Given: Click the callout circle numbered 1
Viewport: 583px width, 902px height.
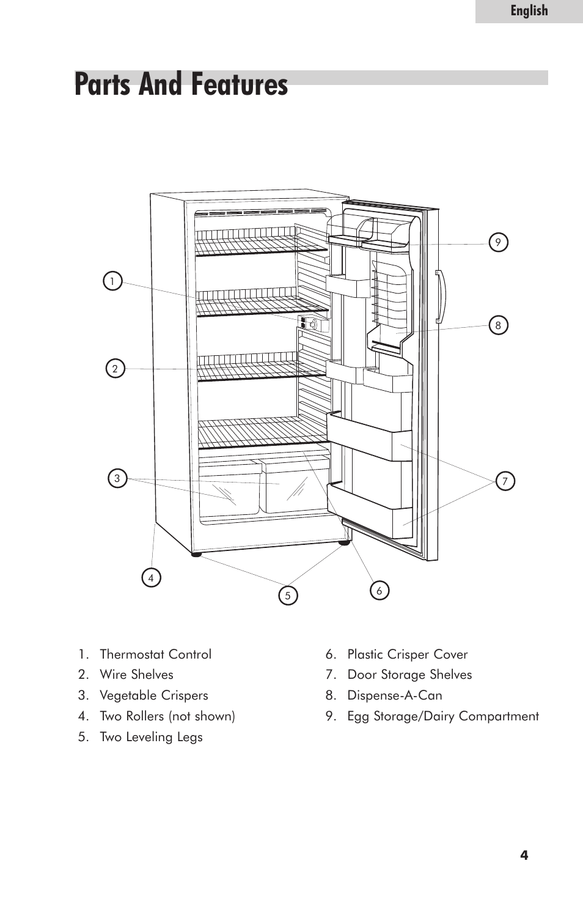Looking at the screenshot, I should (112, 281).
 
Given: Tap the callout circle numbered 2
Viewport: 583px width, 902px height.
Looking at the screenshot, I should (115, 369).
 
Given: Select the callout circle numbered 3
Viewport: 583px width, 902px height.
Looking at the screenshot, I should (117, 478).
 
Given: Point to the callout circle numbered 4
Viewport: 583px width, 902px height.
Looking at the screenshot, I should (151, 577).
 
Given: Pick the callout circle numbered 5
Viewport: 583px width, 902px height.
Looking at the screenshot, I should (288, 595).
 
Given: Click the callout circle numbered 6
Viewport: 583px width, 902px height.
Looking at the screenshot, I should (380, 591).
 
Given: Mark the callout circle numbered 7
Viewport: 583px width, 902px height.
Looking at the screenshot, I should (505, 481).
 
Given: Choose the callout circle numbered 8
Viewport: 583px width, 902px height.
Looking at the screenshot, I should (498, 325).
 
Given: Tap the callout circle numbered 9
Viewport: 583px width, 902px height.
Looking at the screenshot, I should (498, 243).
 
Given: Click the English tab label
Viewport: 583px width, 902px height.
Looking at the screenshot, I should (529, 11).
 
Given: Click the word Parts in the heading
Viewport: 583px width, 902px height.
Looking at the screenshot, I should (104, 84).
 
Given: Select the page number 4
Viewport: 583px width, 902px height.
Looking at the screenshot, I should (524, 855).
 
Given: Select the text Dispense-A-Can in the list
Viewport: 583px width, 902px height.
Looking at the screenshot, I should (395, 695).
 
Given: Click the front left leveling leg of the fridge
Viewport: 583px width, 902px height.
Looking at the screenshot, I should (196, 554).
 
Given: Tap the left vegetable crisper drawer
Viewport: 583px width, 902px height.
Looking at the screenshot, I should (229, 488).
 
